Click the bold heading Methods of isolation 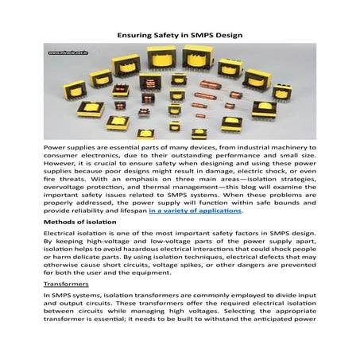pos(82,224)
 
